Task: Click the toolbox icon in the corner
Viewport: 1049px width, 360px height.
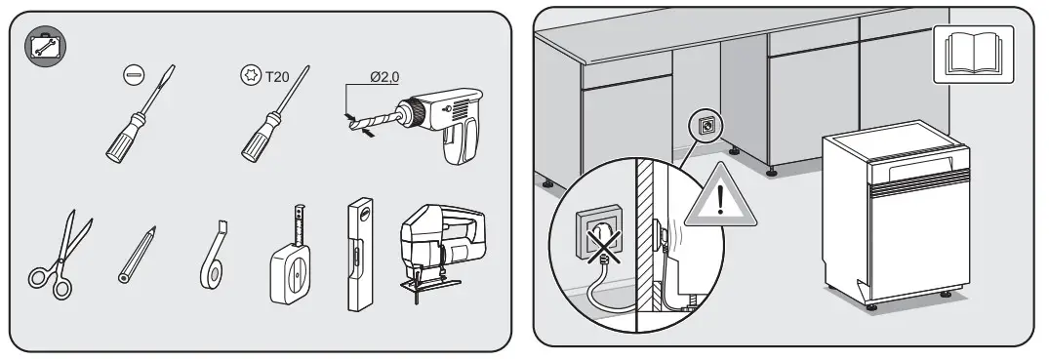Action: tap(41, 45)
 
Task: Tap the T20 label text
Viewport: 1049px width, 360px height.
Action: tap(279, 73)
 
